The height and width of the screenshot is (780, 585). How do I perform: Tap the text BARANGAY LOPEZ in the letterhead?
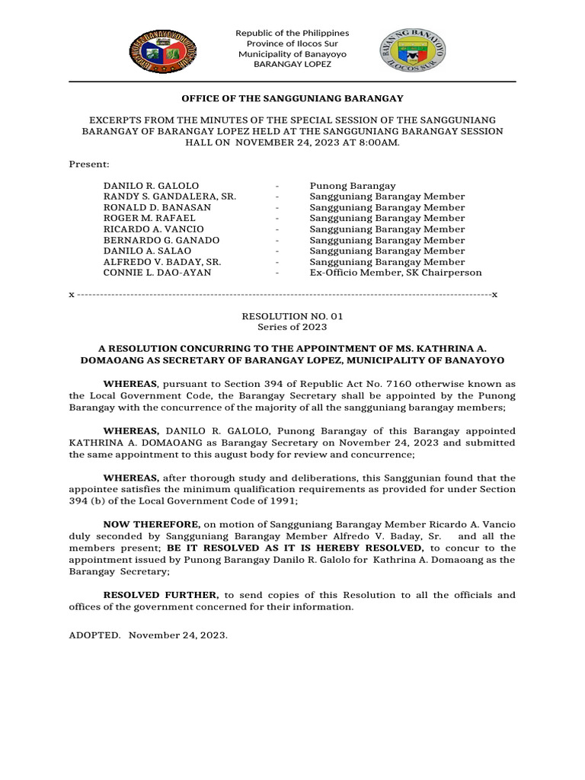(292, 65)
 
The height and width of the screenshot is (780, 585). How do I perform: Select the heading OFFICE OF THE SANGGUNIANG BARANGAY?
(292, 98)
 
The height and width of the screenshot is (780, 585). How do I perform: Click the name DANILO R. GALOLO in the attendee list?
(151, 186)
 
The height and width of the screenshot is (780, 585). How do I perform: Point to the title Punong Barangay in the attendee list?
(353, 186)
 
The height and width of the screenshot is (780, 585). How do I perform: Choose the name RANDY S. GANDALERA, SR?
(170, 197)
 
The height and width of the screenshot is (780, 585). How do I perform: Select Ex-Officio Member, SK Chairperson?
(395, 273)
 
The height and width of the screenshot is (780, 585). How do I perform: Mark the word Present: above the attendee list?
(89, 165)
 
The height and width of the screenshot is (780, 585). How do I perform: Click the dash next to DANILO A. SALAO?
(279, 251)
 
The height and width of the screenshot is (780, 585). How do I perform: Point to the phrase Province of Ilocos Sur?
(292, 43)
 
